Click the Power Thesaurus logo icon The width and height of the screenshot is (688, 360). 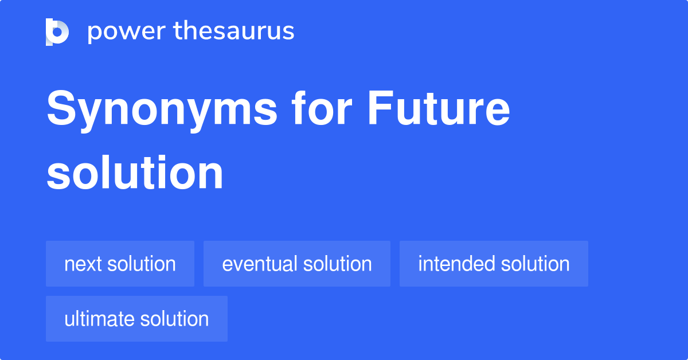(57, 32)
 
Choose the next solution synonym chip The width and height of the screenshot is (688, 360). (120, 264)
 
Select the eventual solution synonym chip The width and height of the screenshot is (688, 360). (297, 264)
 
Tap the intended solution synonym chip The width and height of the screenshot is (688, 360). (494, 264)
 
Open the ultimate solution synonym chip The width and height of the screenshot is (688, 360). (136, 319)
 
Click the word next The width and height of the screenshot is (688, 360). (83, 264)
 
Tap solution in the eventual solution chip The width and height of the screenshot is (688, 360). (338, 264)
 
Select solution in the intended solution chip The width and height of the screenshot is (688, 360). (535, 264)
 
